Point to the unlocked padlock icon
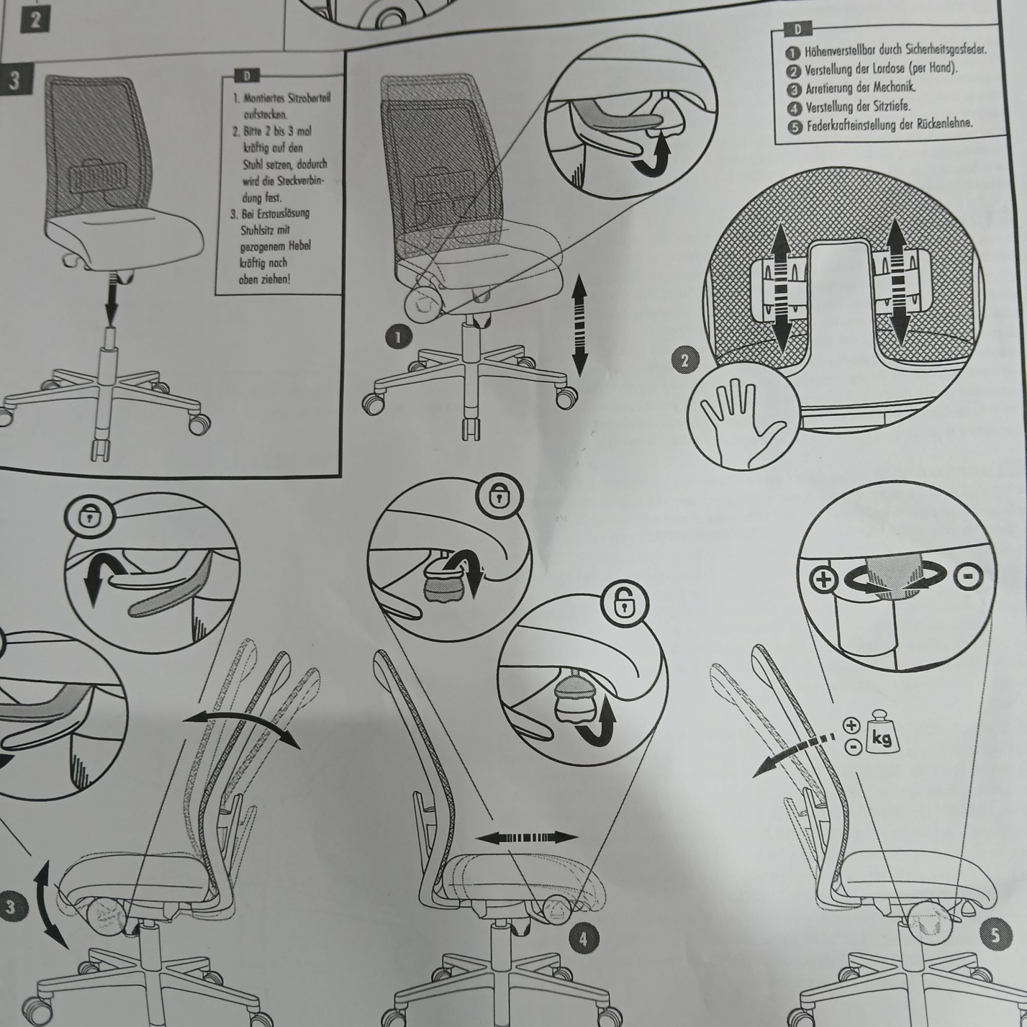coord(625,603)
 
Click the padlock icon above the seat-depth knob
coord(498,496)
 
